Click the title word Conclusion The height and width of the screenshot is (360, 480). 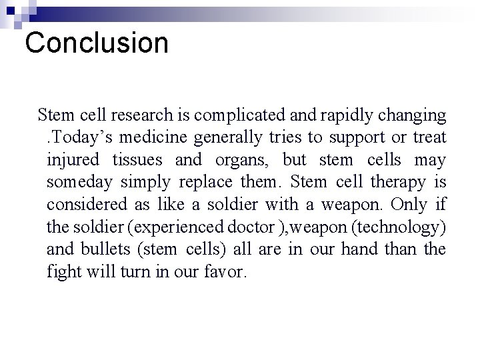97,43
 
